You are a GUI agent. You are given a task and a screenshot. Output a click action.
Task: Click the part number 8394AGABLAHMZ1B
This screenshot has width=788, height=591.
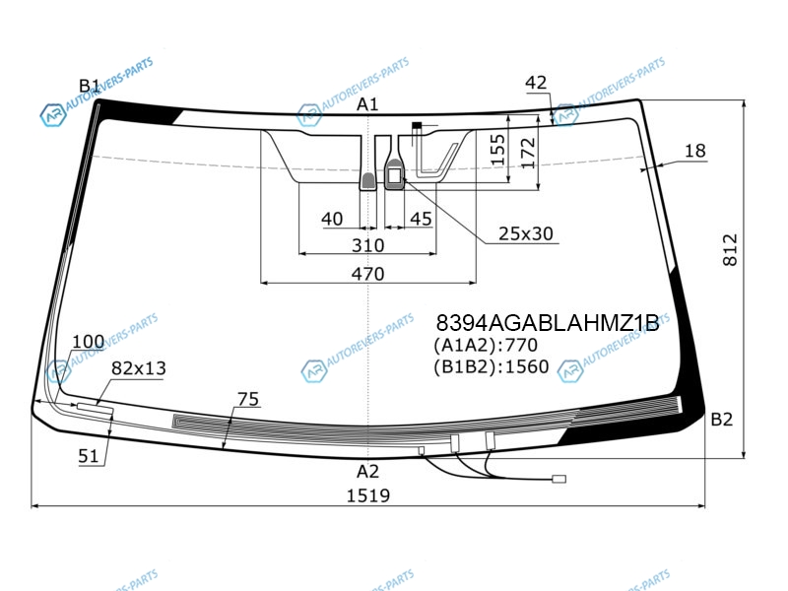[548, 323]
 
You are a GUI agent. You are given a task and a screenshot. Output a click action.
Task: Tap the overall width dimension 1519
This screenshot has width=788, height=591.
[367, 496]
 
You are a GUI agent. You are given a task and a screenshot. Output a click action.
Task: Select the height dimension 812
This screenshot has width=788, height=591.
[730, 250]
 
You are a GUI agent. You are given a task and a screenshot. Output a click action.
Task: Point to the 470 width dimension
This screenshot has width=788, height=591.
[367, 274]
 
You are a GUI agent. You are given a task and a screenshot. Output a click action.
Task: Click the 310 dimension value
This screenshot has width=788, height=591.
[367, 245]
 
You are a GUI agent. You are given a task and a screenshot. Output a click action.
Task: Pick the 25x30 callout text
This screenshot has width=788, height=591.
[526, 233]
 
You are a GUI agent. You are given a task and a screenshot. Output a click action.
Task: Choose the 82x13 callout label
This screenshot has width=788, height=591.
[138, 368]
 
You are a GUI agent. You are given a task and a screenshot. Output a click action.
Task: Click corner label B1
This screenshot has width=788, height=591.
[90, 86]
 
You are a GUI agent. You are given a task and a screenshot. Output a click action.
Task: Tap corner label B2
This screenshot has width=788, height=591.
[722, 420]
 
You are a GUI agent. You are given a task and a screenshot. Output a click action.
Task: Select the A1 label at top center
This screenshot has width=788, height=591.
[367, 104]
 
